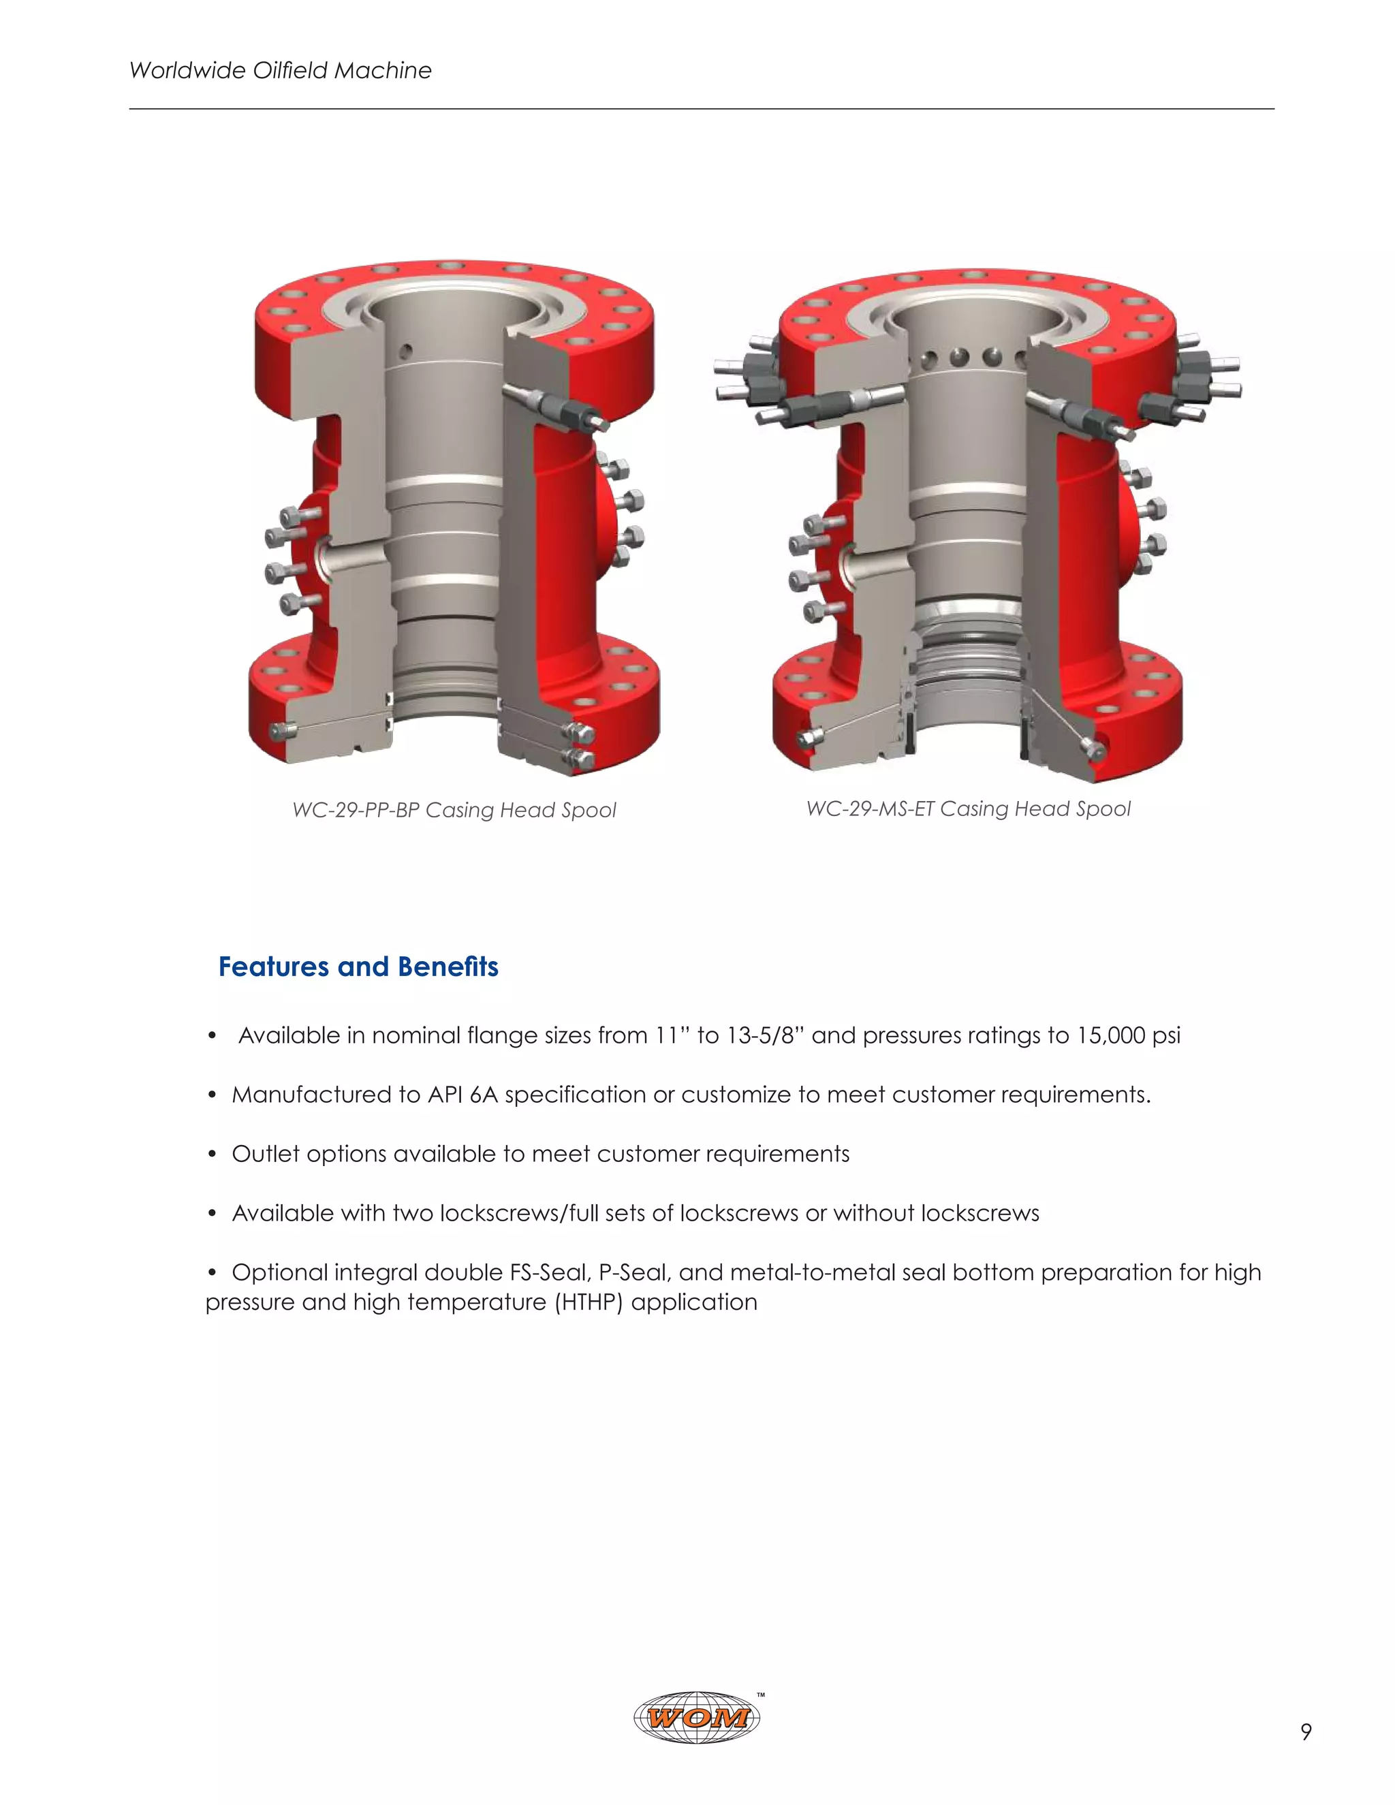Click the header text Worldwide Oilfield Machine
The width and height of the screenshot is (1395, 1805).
tap(280, 70)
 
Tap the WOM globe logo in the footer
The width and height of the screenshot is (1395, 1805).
tap(696, 1717)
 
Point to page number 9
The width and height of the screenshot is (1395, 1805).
tap(1306, 1731)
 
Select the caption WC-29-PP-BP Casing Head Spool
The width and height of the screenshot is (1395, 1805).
tap(454, 810)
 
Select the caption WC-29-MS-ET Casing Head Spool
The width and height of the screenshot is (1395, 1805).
tap(968, 809)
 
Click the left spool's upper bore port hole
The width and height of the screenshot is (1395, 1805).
tap(405, 351)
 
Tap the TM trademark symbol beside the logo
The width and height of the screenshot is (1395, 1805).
tap(761, 1695)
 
